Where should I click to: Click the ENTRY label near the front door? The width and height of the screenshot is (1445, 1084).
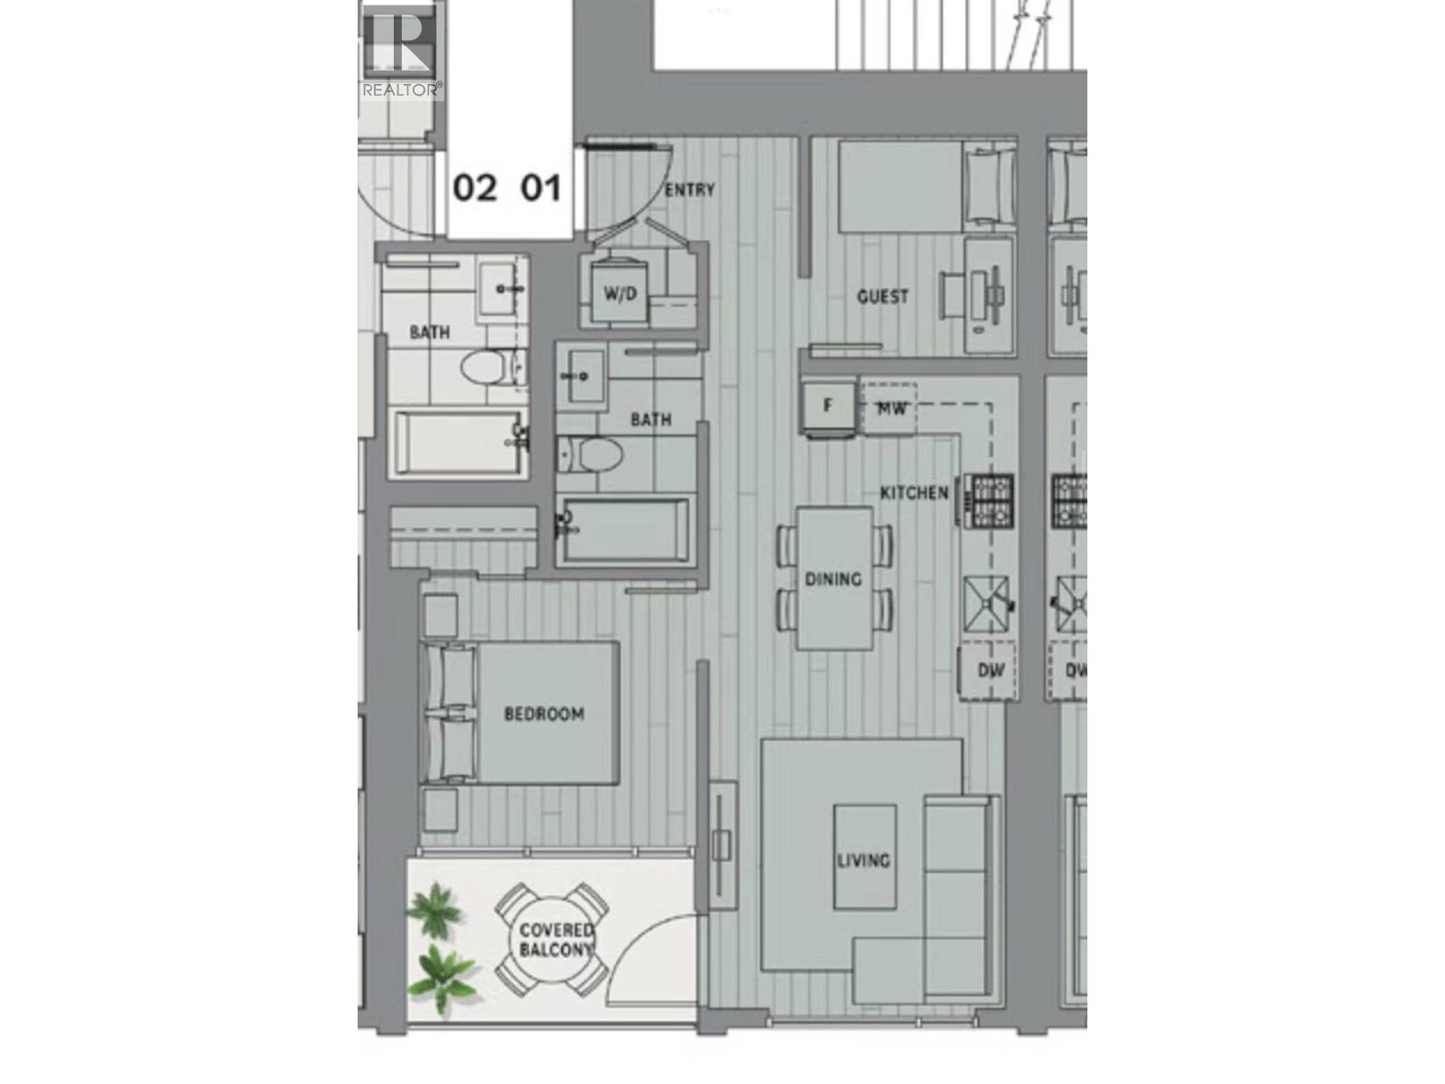(x=689, y=190)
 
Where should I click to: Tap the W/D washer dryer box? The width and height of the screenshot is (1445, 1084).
(x=620, y=294)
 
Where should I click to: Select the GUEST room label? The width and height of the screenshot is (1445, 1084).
(x=882, y=296)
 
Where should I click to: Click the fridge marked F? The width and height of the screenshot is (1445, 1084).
(x=828, y=406)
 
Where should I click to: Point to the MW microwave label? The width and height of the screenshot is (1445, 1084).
(x=891, y=408)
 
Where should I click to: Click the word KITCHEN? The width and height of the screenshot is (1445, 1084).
(x=914, y=492)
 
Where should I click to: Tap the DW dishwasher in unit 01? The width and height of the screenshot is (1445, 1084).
(x=990, y=671)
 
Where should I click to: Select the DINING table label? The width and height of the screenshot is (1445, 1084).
(x=834, y=578)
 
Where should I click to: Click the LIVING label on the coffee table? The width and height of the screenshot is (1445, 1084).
(x=863, y=859)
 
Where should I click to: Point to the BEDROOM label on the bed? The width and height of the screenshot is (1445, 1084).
(x=544, y=714)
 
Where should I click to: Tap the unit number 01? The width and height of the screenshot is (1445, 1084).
(x=542, y=188)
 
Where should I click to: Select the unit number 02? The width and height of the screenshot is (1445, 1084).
(x=475, y=188)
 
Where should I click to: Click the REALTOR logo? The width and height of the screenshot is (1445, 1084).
(x=401, y=50)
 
